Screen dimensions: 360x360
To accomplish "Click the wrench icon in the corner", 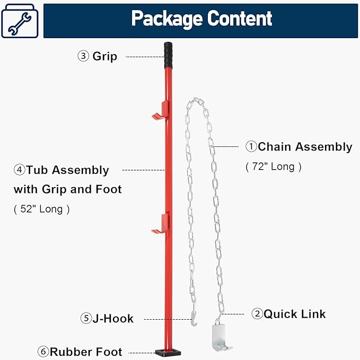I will (x=20, y=22).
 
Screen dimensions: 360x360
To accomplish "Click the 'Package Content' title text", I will (x=201, y=19).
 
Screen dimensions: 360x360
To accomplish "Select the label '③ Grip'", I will (x=98, y=56).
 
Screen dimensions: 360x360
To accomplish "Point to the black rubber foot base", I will (x=167, y=352).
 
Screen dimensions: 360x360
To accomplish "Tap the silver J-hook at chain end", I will (x=194, y=319).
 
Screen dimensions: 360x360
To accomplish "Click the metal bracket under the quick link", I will (x=221, y=337).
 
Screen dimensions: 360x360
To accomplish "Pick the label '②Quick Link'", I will (x=288, y=314).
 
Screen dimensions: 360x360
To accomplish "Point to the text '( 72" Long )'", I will (x=274, y=166).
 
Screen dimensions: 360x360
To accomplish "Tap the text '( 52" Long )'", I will (x=42, y=209).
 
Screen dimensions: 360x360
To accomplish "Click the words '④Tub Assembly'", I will (x=62, y=170).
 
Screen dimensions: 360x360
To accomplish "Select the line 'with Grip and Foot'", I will (x=67, y=189).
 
